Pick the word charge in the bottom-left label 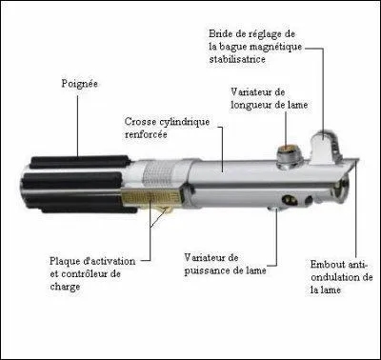[66, 287]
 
